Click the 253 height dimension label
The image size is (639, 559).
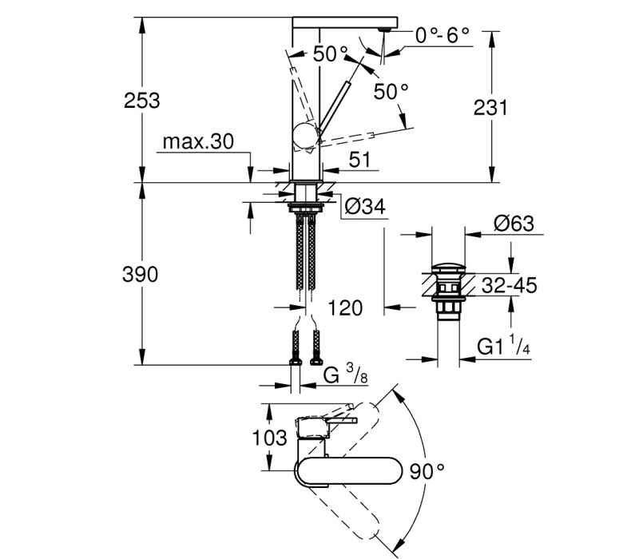[x=142, y=101]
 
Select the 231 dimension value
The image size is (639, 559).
[x=490, y=108]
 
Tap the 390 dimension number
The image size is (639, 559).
[x=141, y=275]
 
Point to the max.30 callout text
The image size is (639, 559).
[x=198, y=142]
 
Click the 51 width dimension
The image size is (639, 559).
[x=360, y=160]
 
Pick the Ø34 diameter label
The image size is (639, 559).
[x=365, y=207]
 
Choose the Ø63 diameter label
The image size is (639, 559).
[x=514, y=224]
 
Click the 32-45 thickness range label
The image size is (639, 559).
[x=510, y=286]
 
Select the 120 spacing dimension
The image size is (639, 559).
[x=345, y=308]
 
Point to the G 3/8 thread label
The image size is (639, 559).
[x=345, y=374]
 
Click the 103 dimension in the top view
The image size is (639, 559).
[x=269, y=438]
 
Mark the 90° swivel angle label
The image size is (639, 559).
[x=427, y=471]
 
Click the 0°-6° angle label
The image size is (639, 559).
[x=443, y=35]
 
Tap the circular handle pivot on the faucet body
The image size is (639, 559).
[x=305, y=136]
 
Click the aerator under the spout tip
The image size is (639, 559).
[x=384, y=30]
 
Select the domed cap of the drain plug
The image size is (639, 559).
[x=448, y=268]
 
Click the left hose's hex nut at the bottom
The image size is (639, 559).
[x=295, y=362]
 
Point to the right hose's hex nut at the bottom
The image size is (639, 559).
[x=316, y=362]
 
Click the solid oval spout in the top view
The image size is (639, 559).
[x=349, y=471]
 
